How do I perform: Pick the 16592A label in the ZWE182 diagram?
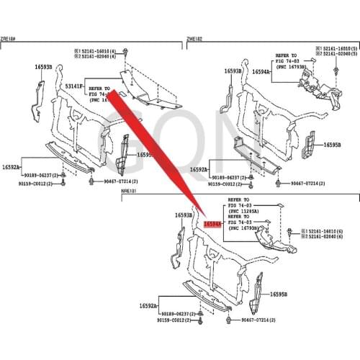[199, 169]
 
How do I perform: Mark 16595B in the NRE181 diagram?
[279, 294]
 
